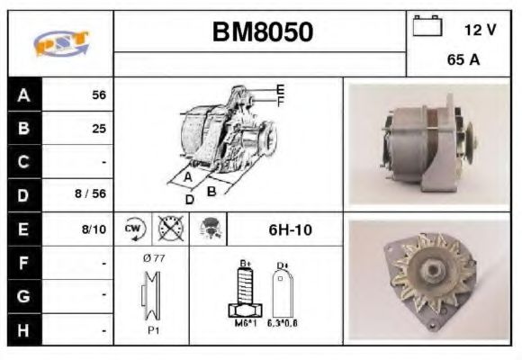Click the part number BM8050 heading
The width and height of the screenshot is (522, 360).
263,32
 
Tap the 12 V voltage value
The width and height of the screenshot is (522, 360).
480,30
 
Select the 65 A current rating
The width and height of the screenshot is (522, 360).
463,61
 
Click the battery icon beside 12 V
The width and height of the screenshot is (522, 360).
427,27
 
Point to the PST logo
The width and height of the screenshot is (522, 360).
60,43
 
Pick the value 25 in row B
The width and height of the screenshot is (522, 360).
98,129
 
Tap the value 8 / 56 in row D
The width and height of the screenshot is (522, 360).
91,193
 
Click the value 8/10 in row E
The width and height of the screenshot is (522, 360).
94,229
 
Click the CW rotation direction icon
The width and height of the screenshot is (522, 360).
134,229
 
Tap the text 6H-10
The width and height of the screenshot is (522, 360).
290,229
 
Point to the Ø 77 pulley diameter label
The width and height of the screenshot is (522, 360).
153,259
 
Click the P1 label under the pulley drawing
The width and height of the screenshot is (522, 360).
154,329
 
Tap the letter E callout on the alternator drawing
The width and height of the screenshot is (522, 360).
281,88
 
